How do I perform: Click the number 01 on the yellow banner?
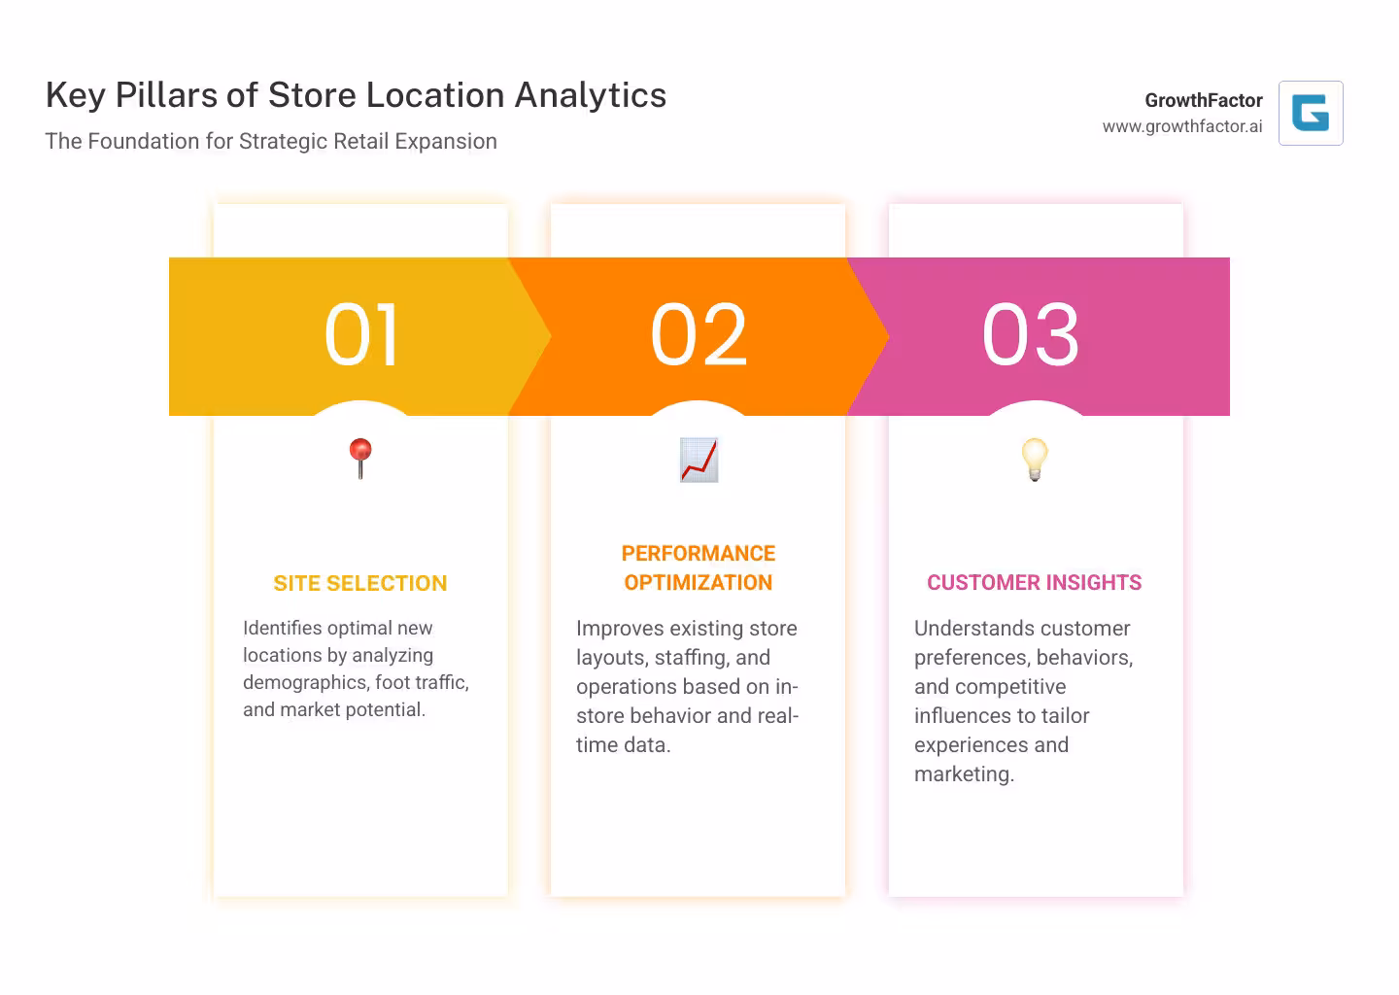tap(361, 335)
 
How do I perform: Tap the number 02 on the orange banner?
tap(699, 335)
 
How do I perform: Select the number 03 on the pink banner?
tap(1031, 335)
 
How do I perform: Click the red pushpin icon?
tap(360, 458)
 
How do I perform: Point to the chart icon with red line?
tap(699, 460)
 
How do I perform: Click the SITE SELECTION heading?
tap(360, 583)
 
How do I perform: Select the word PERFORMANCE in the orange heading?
tap(699, 554)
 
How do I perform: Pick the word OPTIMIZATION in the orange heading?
tap(699, 583)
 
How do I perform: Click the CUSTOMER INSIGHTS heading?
tap(1035, 583)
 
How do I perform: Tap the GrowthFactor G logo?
tap(1311, 114)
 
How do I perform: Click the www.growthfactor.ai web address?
tap(1182, 126)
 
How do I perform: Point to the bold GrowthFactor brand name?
tap(1204, 100)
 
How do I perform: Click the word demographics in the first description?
tap(305, 682)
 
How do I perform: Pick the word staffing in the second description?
tap(693, 658)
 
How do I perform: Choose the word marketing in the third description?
tap(963, 774)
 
